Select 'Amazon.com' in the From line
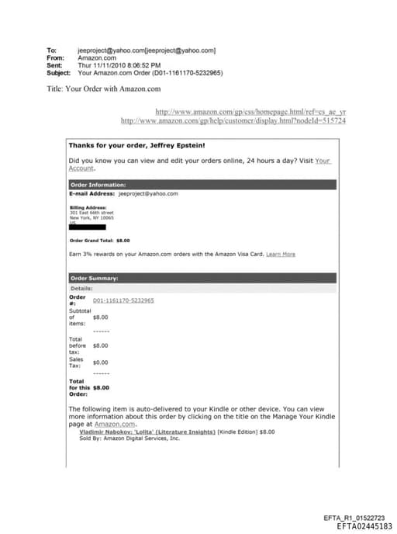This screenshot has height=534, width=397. coord(97,57)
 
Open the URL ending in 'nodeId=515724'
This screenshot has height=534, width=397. coord(233,121)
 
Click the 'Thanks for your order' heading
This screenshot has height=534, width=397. coord(136,145)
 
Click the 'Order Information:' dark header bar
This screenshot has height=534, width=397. coord(202,185)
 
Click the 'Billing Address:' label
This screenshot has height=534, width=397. coord(82,208)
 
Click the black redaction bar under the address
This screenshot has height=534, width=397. coord(87,227)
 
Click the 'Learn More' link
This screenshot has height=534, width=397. coord(281,254)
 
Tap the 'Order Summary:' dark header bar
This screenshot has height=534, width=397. coord(202,278)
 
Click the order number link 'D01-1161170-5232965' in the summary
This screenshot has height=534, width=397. coord(123,300)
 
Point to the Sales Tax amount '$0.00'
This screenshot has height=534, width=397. coord(100,362)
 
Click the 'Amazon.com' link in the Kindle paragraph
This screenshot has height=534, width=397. coord(116,424)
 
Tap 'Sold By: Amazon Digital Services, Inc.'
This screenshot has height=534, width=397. coord(129,438)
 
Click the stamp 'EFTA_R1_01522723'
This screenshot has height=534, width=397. coord(353,518)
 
